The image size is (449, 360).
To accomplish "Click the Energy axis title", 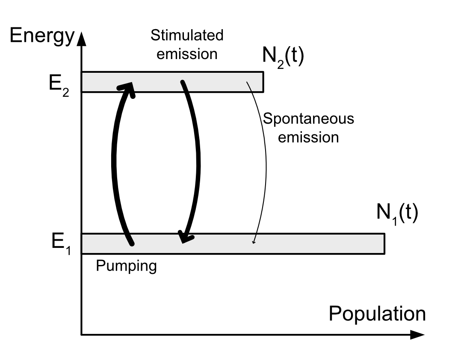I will coord(42,37).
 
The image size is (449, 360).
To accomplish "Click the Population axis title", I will coord(377,314).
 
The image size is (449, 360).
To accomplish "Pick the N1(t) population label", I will coord(397,214).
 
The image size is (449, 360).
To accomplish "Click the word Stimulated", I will coord(187,35).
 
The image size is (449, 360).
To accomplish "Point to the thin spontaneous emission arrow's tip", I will coord(254,243).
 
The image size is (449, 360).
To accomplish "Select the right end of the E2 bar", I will coord(262,82).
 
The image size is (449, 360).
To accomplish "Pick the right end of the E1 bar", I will coord(384,244).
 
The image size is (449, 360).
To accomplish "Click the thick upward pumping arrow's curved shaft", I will coord(114,163).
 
